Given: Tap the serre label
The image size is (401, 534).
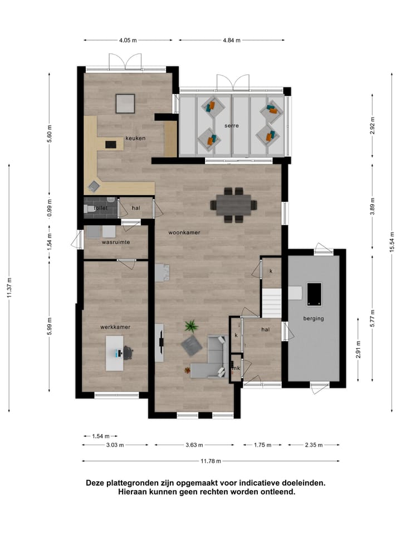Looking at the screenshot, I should [x=232, y=126].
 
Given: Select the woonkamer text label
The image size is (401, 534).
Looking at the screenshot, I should [x=184, y=233].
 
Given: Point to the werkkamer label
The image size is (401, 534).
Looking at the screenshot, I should [x=115, y=327].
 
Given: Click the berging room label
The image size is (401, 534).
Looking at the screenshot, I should [x=314, y=319].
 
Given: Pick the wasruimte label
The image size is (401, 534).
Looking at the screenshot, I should [x=116, y=243].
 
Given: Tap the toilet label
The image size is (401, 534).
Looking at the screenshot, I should [x=101, y=208].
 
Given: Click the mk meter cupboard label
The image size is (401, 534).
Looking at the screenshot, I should [x=236, y=368].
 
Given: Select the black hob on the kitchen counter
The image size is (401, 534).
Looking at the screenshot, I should [x=111, y=144].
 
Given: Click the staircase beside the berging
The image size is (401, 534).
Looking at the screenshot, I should [x=273, y=303].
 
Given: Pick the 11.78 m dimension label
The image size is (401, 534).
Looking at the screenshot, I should [x=211, y=461].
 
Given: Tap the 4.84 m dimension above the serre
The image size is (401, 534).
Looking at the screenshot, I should [x=232, y=40].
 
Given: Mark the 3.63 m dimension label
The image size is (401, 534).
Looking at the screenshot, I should [x=194, y=445].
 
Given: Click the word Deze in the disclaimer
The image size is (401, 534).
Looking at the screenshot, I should [x=95, y=483].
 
